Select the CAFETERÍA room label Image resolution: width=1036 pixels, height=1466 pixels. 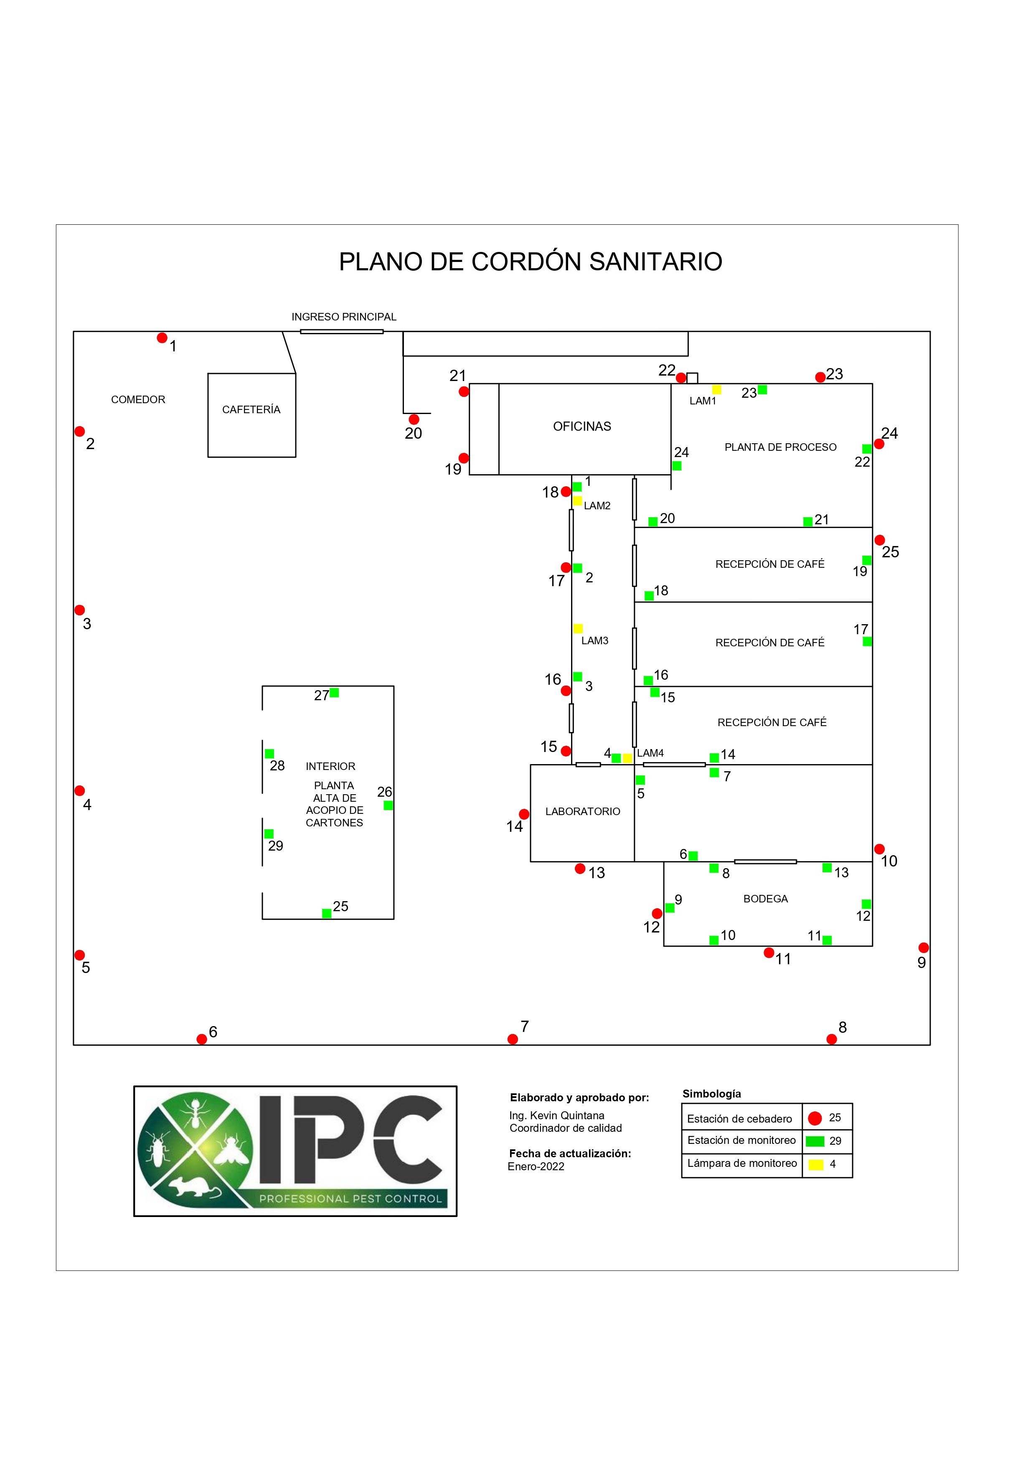coord(251,410)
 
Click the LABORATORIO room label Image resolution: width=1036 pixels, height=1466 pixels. coord(582,811)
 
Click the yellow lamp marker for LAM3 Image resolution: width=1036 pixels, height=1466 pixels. coord(578,628)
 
